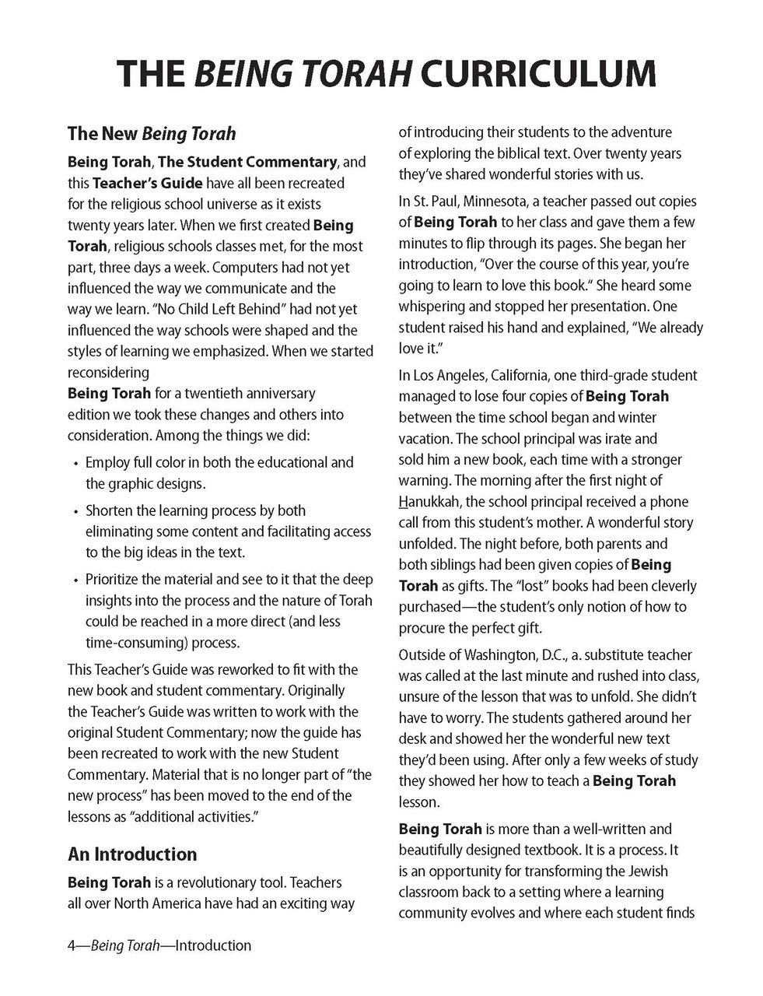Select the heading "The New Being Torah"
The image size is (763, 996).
[152, 134]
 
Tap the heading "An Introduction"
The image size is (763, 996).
[132, 854]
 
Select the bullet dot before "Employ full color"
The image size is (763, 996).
[75, 463]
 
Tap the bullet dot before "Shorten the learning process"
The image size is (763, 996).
[75, 512]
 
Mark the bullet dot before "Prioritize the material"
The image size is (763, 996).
[75, 580]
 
